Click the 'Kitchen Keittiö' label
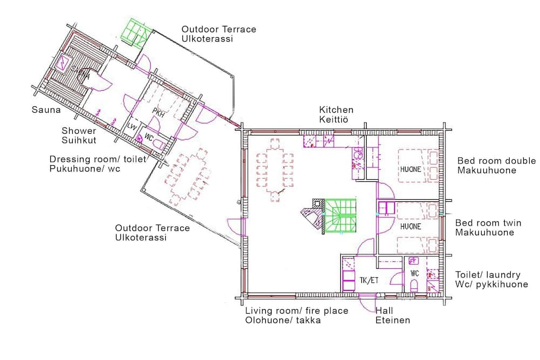pos(336,114)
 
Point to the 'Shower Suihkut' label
pos(79,135)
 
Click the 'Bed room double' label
pos(496,166)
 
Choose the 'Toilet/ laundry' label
pos(491,279)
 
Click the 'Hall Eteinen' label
pos(393,316)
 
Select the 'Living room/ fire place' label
pos(296,316)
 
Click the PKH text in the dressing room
pos(158,112)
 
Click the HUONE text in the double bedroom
pos(410,169)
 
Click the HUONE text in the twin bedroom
pos(410,227)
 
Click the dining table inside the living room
pos(274,165)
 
